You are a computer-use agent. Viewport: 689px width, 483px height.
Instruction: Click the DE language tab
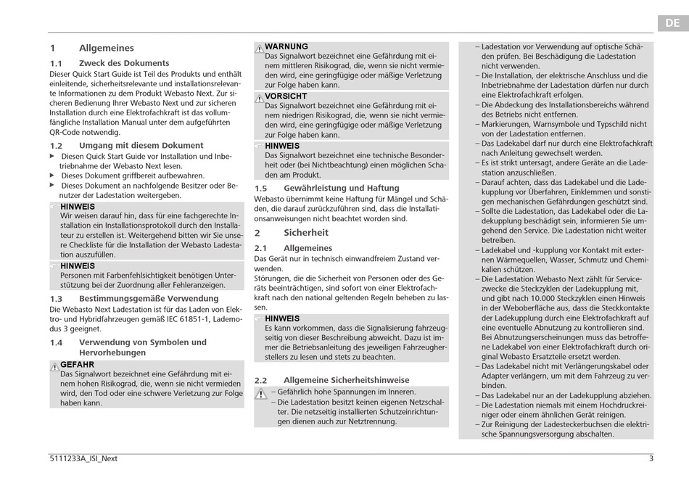(x=673, y=23)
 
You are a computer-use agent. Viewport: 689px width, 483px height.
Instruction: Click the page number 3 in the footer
(x=651, y=458)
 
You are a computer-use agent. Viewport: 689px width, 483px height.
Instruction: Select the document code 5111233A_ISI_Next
(x=83, y=458)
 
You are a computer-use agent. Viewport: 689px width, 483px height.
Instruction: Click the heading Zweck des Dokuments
(x=124, y=63)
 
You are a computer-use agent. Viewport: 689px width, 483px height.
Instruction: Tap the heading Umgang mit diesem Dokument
(x=141, y=146)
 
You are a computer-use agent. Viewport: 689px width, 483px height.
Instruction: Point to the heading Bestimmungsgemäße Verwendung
(x=149, y=299)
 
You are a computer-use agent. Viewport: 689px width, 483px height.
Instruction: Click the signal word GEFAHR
(x=77, y=365)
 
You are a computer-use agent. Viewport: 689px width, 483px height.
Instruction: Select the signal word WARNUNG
(x=286, y=46)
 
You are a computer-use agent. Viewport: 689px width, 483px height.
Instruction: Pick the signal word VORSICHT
(x=286, y=96)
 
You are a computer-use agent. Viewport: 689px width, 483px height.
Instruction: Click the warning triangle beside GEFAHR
(x=54, y=366)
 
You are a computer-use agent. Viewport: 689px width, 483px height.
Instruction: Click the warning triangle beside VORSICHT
(x=259, y=98)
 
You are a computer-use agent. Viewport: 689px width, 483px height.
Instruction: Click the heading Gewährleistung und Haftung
(x=341, y=189)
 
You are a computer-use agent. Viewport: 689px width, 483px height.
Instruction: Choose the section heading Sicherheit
(x=306, y=233)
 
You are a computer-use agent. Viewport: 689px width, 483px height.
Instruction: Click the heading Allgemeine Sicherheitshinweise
(x=346, y=380)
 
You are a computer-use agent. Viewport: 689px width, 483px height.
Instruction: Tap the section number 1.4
(x=56, y=342)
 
